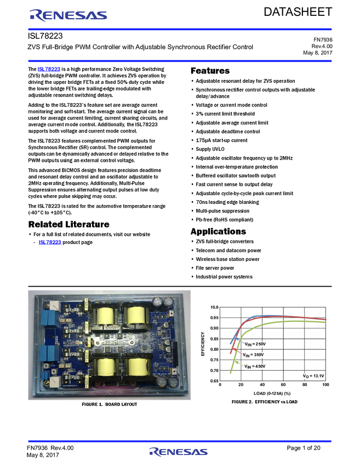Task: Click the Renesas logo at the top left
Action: [x=68, y=15]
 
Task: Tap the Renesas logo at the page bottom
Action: [x=178, y=452]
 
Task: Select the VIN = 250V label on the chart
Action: [x=255, y=344]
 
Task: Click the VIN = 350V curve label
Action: [x=255, y=355]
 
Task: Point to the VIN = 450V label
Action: [x=255, y=366]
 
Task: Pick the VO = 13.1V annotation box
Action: [x=313, y=376]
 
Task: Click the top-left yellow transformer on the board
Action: [x=105, y=315]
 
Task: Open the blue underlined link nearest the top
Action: [x=48, y=70]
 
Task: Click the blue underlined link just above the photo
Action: [x=49, y=242]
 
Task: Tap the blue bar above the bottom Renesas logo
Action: [x=180, y=441]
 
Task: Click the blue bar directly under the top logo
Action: [x=180, y=30]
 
